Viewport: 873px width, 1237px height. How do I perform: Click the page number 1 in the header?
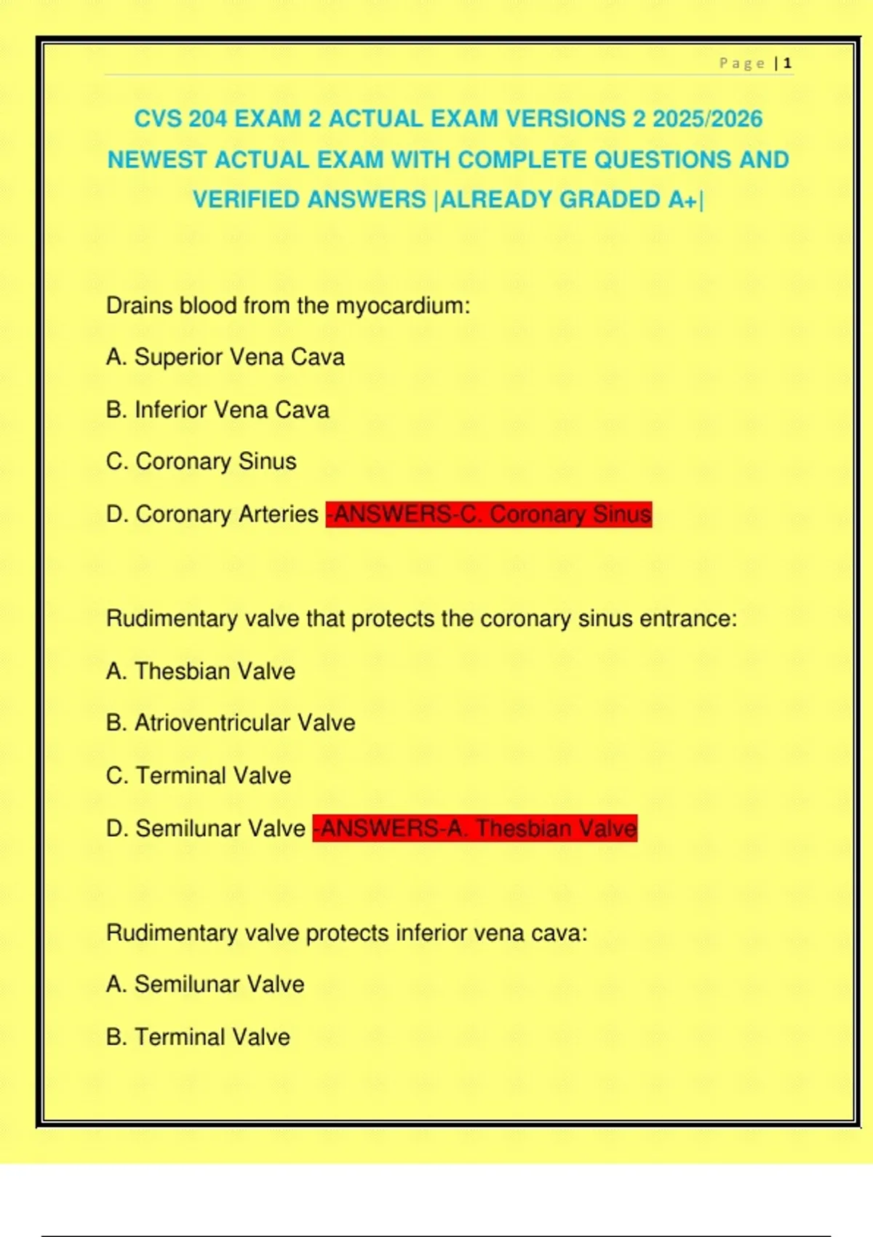pos(787,64)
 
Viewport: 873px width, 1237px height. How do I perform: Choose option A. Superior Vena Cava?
pos(225,357)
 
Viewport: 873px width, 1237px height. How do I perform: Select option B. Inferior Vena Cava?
pos(218,410)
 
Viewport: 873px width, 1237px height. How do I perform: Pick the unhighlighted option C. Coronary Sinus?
pos(201,461)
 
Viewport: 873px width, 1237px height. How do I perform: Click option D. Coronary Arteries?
pos(212,514)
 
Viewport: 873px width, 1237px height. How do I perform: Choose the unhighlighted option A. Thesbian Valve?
pos(200,671)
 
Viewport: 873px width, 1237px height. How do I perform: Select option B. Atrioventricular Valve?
pos(230,723)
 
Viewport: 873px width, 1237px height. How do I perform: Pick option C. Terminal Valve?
pos(198,776)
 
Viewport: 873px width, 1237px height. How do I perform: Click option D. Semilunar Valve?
pos(205,828)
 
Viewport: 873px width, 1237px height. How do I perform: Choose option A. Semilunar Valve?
pos(204,985)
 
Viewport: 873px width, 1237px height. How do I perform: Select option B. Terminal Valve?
pos(197,1037)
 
